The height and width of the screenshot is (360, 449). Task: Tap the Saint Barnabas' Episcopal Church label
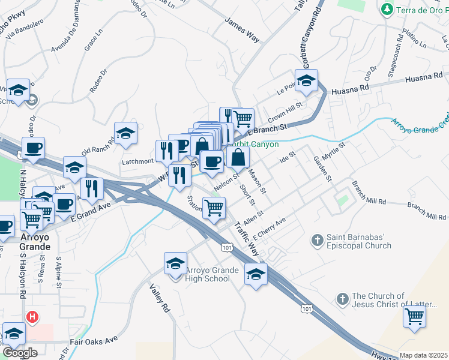[359, 241]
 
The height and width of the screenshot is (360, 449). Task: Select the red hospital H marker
[32, 316]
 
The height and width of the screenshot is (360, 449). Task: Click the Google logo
[19, 353]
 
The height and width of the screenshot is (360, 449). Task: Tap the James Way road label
[242, 30]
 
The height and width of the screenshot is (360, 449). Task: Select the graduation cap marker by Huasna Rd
[306, 80]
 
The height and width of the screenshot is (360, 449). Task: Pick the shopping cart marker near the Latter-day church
[414, 316]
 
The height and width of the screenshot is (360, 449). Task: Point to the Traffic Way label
[246, 238]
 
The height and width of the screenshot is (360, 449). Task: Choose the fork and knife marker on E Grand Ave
[92, 188]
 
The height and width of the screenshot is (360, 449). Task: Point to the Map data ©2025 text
[424, 355]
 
